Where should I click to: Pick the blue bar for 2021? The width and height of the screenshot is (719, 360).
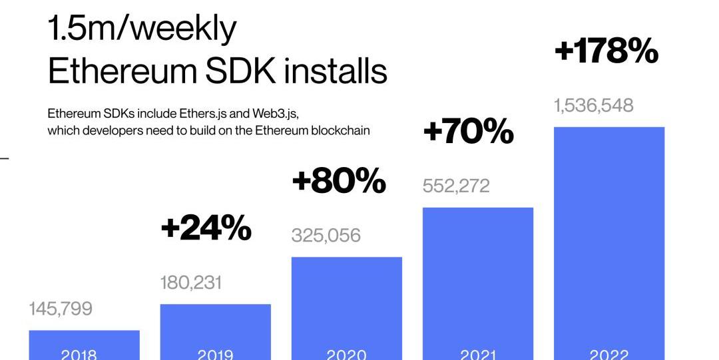click(x=478, y=279)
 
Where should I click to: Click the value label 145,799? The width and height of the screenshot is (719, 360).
click(x=61, y=309)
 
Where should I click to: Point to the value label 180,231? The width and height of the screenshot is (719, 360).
click(x=191, y=282)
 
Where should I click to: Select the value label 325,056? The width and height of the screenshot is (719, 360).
click(x=326, y=235)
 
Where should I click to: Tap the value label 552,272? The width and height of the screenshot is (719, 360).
click(x=456, y=186)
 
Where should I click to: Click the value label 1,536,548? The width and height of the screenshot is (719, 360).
click(x=594, y=105)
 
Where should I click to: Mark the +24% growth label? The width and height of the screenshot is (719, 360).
click(x=206, y=229)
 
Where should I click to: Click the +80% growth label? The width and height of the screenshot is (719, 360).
click(x=339, y=181)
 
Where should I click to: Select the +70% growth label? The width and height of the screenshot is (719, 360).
click(x=469, y=132)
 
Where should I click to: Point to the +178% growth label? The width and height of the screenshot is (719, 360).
click(x=606, y=52)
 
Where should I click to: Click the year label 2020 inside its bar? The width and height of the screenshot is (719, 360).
click(x=346, y=354)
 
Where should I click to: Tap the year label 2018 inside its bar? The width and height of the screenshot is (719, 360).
click(x=79, y=354)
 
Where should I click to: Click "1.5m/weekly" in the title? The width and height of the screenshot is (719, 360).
click(x=142, y=29)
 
